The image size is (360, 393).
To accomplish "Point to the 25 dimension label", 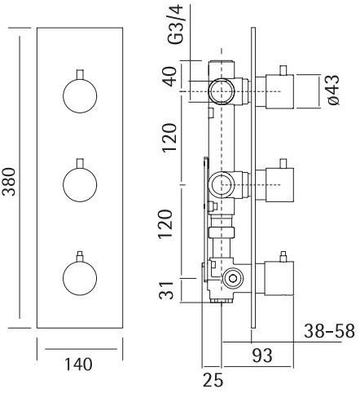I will [x=213, y=379].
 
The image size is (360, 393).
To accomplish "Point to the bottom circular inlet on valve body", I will [x=234, y=278].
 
